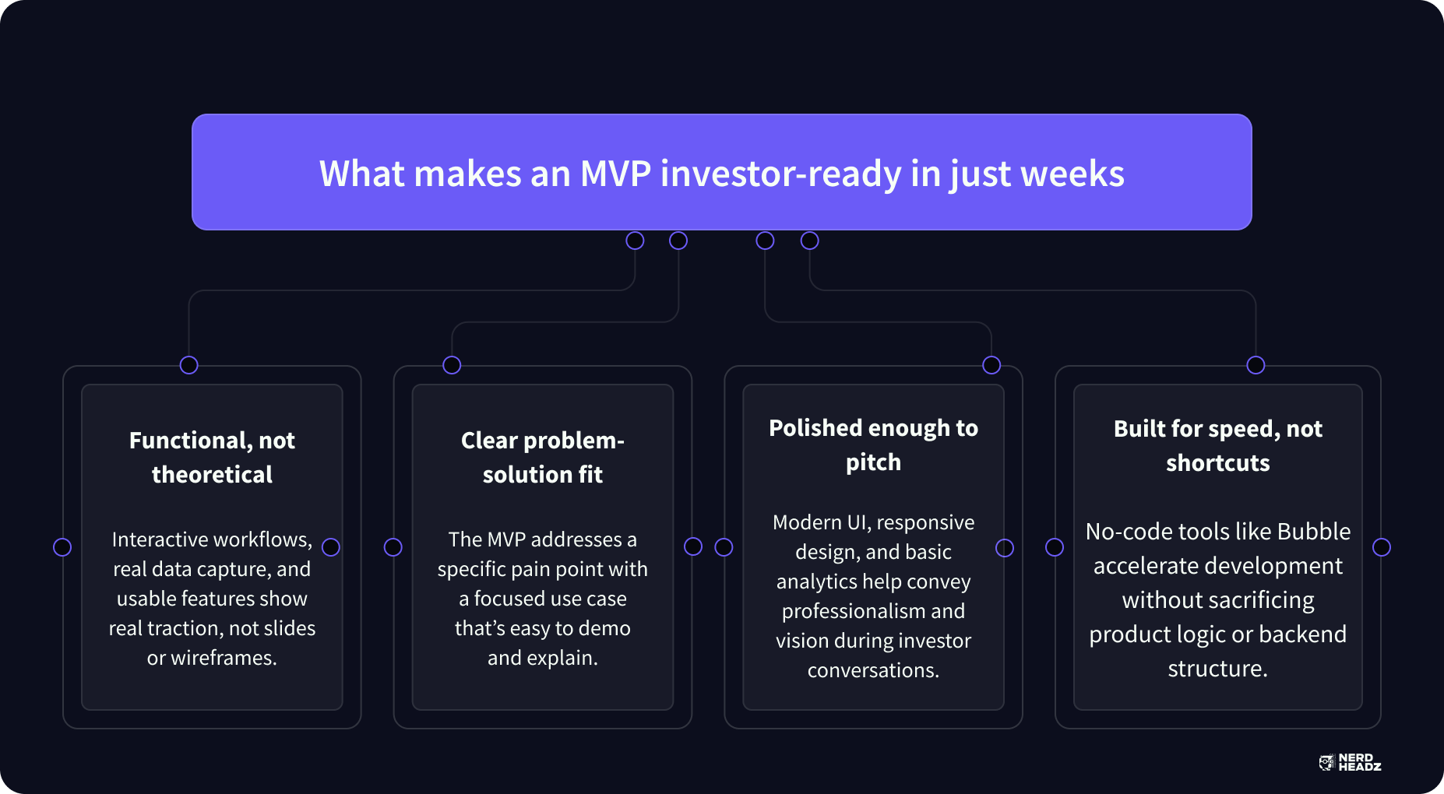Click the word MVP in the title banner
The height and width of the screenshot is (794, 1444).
[615, 174]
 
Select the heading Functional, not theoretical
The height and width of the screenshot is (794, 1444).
[212, 457]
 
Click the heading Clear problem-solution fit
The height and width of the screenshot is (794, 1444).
[543, 457]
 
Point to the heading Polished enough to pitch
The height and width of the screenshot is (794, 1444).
[873, 444]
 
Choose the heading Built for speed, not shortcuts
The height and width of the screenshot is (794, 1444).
[1218, 445]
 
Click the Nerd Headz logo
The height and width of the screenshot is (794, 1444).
[1350, 762]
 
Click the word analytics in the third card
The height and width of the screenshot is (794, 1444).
[817, 581]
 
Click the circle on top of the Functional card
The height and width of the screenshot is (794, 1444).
[188, 365]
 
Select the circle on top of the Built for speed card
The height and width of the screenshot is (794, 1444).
[1256, 365]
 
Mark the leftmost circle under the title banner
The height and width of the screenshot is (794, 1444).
[635, 241]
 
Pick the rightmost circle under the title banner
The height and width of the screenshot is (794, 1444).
[810, 241]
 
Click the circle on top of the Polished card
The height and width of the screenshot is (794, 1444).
[991, 365]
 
